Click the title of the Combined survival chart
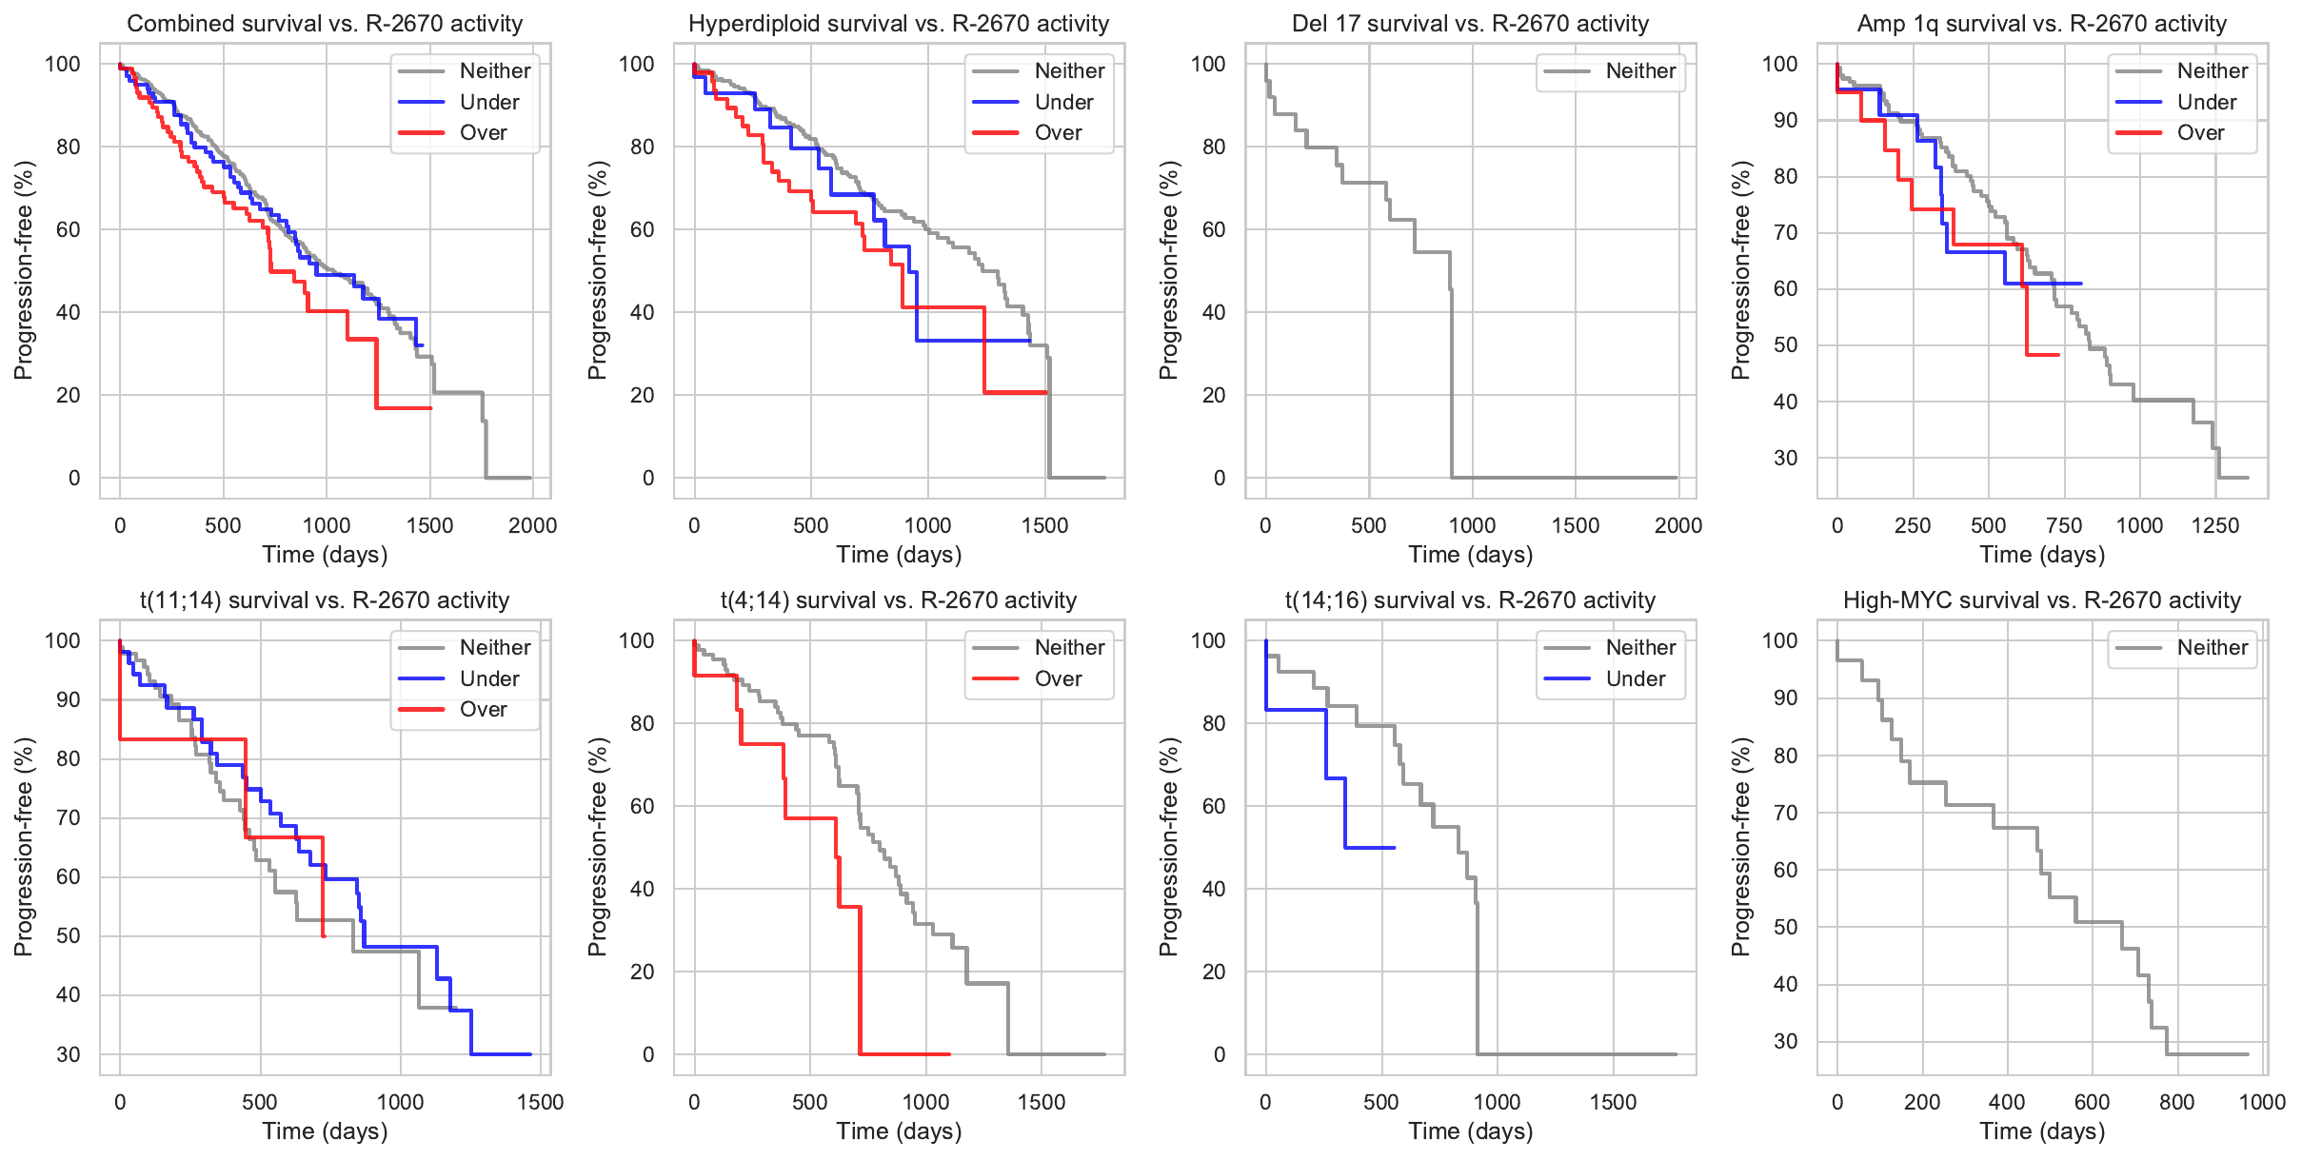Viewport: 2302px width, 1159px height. tap(325, 24)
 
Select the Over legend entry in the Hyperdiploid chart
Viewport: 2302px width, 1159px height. tap(1058, 133)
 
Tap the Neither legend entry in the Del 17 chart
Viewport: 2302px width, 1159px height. tap(1640, 71)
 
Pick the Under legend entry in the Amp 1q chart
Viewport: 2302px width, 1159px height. tap(2206, 103)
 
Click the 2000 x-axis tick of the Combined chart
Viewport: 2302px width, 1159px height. tap(532, 525)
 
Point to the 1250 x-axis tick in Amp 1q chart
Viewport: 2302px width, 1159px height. tap(2215, 525)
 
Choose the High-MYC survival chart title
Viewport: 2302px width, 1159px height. tap(2042, 600)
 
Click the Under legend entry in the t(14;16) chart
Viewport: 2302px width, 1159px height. tap(1635, 679)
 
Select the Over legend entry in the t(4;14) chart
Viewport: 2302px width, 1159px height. tap(1058, 679)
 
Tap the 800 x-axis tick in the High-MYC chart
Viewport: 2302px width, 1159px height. tap(2176, 1102)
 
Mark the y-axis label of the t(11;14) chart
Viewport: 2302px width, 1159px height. tap(23, 847)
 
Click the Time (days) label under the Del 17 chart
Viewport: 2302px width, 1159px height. tap(1470, 555)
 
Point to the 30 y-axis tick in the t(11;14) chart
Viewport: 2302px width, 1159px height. tap(69, 1054)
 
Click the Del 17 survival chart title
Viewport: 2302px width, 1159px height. tap(1470, 24)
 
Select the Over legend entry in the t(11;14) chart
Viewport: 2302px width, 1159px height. tap(483, 710)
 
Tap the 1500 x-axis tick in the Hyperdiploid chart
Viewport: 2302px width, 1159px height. tap(1044, 525)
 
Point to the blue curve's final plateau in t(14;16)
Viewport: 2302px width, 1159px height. tap(1371, 848)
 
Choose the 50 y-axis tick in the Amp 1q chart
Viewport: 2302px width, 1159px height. tap(1785, 345)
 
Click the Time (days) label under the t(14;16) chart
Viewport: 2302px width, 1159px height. tap(1470, 1131)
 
